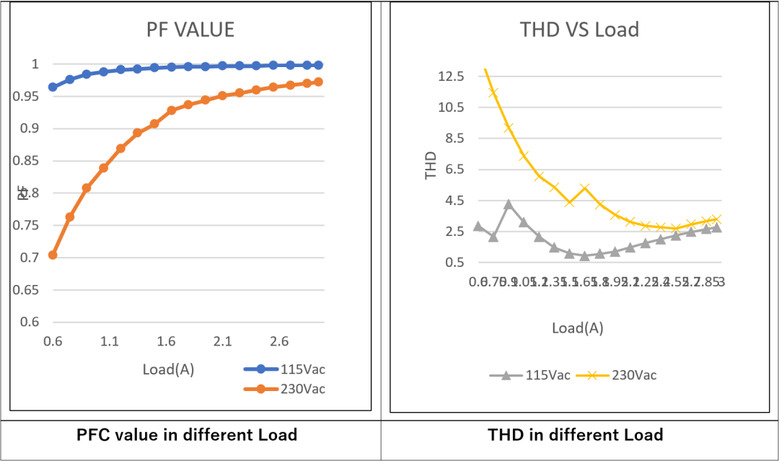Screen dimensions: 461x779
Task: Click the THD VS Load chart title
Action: click(579, 30)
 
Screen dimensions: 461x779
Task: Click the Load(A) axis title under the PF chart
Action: click(168, 369)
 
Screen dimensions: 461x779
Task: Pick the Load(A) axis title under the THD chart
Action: click(578, 328)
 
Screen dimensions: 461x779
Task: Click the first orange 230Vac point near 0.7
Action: click(53, 255)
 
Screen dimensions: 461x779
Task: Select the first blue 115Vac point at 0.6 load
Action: click(53, 87)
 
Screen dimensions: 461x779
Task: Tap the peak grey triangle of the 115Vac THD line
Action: click(509, 204)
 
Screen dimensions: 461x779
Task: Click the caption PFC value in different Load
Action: click(187, 435)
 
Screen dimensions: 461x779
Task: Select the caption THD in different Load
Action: click(576, 435)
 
